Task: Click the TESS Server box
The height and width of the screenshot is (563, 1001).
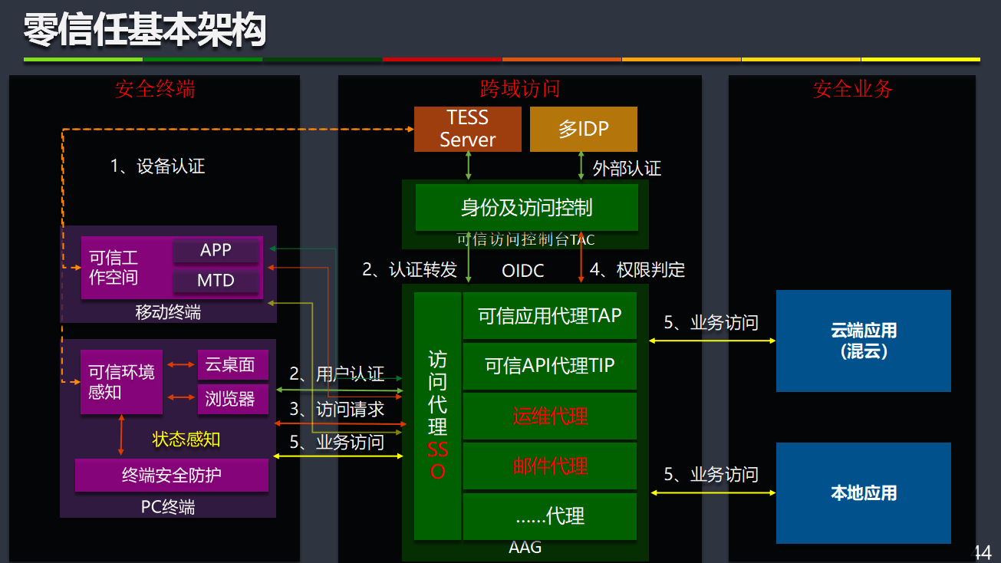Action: [467, 129]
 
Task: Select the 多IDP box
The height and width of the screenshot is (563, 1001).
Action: [583, 129]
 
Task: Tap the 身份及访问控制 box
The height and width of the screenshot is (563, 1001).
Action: [526, 207]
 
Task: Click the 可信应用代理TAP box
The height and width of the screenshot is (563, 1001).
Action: [550, 315]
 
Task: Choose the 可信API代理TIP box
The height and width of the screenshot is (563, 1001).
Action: [550, 366]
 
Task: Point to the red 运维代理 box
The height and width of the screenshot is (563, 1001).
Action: [550, 416]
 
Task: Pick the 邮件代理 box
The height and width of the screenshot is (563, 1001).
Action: [550, 466]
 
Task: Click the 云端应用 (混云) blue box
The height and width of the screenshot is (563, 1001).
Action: [863, 341]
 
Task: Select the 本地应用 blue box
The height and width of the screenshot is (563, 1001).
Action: [863, 492]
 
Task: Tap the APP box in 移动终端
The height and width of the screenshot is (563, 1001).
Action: [216, 250]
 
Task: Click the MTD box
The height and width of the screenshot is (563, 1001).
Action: [216, 281]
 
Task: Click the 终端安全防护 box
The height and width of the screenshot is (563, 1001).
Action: [172, 475]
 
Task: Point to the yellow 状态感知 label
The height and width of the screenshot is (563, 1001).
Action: [186, 440]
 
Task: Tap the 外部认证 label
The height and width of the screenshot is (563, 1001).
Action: [627, 168]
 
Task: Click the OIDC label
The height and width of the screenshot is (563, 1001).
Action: [523, 271]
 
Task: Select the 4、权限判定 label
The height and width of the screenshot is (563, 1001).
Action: [637, 270]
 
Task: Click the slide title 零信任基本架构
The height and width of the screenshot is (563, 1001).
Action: [145, 31]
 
